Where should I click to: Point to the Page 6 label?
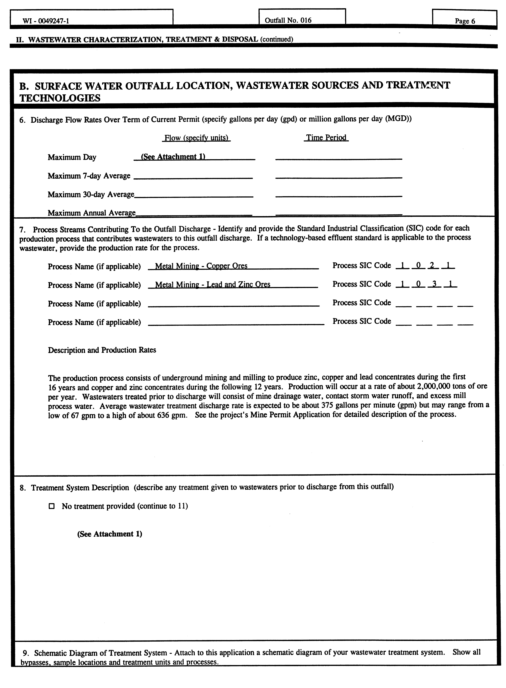[x=465, y=21]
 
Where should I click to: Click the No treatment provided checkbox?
[x=52, y=506]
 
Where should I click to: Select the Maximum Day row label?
[x=72, y=157]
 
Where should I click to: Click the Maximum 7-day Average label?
[x=89, y=176]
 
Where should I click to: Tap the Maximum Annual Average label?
[x=91, y=213]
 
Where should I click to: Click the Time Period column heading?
[x=326, y=138]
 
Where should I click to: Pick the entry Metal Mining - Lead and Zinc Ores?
[x=213, y=285]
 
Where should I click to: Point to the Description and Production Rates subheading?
[x=102, y=350]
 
